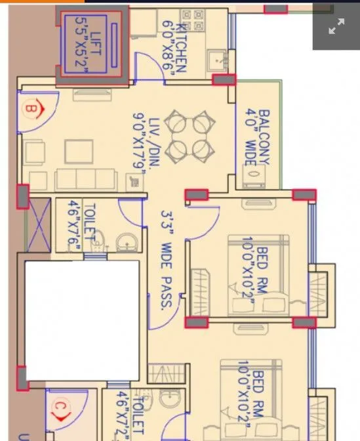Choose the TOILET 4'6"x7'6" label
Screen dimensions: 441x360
pos(81,226)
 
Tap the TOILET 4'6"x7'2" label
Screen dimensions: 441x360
pos(130,415)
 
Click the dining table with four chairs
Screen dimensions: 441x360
pos(190,137)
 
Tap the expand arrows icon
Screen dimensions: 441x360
pos(336,26)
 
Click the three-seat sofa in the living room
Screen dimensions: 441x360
pos(86,178)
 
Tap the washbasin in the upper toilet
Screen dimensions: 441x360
pos(127,243)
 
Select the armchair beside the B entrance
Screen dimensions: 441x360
pos(35,153)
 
